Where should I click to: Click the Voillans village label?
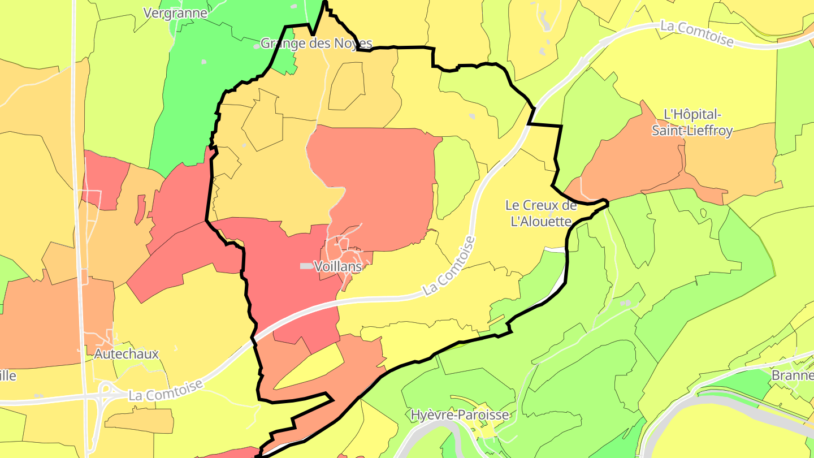338,266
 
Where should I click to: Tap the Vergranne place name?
175,12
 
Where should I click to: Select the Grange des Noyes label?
316,43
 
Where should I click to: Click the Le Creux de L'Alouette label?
541,213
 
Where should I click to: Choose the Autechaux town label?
127,354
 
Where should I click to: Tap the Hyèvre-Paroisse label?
460,414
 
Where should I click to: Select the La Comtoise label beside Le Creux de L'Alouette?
449,266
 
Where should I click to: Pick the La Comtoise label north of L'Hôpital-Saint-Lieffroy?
696,33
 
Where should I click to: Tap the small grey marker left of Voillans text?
306,266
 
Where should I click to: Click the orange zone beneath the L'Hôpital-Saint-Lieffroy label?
633,164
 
